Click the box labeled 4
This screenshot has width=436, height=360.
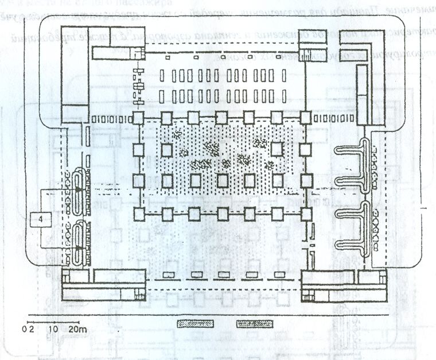[40, 219]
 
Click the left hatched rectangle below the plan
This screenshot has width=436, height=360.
[196, 324]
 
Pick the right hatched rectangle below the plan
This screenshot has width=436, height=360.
[255, 324]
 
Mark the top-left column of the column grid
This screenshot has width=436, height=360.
[138, 119]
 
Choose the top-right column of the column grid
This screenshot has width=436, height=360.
[305, 119]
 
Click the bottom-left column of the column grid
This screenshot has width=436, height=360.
[138, 214]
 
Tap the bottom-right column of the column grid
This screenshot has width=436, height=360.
[305, 214]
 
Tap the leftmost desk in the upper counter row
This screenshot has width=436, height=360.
[162, 75]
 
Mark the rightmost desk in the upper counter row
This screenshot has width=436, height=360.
[283, 75]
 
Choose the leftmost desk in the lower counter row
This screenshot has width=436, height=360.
[162, 96]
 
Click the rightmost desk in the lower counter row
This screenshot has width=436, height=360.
[283, 96]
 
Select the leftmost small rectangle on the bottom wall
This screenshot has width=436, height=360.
[169, 274]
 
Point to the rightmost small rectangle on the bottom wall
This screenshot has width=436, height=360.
[280, 274]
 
